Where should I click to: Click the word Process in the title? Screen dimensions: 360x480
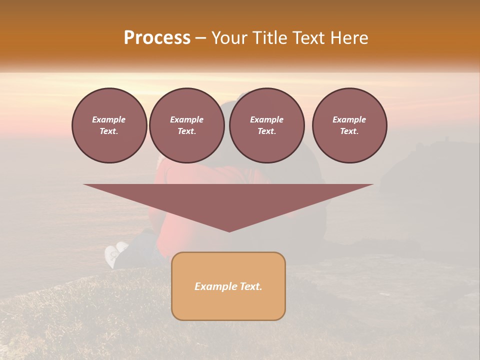click(157, 38)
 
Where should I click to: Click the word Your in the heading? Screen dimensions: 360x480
click(229, 38)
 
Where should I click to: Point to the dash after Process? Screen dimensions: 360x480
click(201, 38)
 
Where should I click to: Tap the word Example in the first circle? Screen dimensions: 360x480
click(109, 119)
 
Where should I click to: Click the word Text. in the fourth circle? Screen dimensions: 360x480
click(349, 131)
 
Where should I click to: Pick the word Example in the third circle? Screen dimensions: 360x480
click(266, 119)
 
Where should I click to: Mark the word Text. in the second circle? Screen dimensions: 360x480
click(186, 131)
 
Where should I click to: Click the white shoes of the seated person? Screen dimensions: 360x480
click(114, 254)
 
